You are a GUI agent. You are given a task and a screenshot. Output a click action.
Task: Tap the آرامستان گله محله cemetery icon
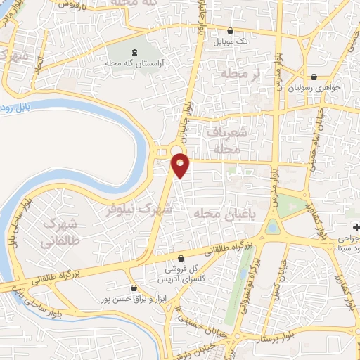click(134, 51)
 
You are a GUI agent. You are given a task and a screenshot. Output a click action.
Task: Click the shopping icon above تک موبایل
click(231, 30)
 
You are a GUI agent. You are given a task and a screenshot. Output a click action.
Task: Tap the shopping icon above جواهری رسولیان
click(314, 77)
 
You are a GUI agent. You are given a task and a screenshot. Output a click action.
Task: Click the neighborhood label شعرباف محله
click(226, 139)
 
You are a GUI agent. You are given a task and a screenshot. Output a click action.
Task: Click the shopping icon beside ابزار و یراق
click(134, 288)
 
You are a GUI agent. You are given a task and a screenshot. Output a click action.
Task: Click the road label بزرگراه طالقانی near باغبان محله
click(231, 248)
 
